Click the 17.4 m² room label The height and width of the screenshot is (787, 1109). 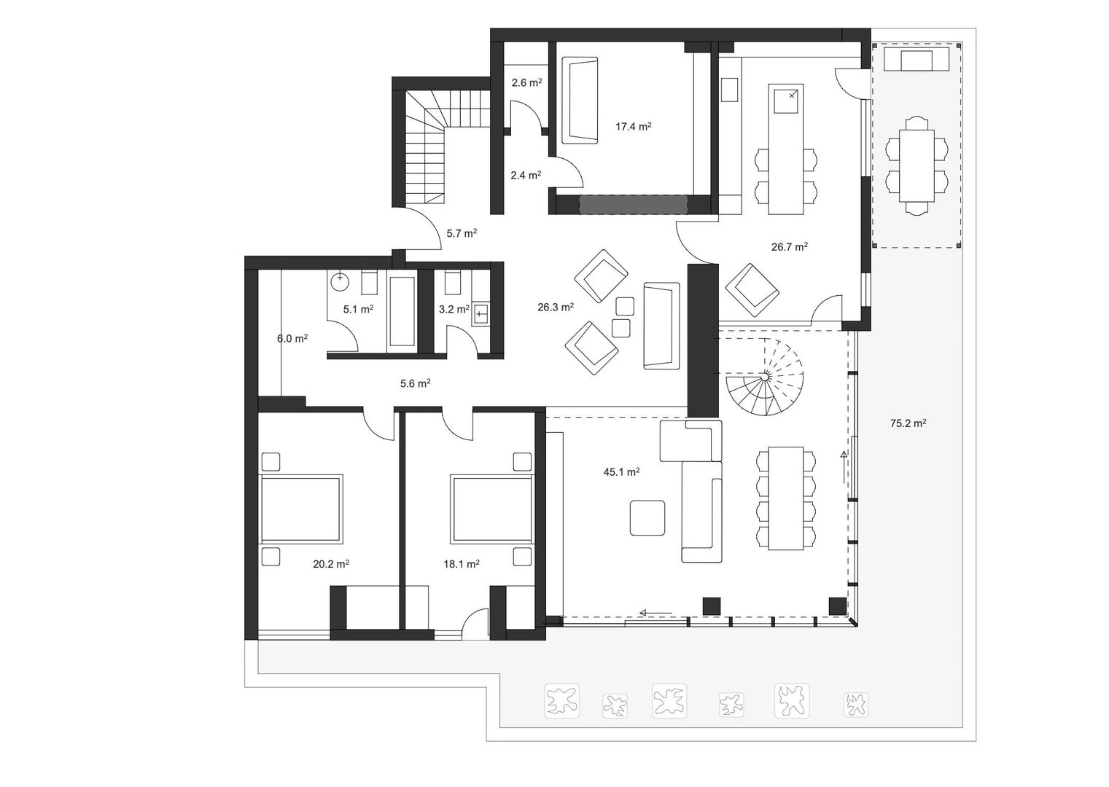[x=633, y=127]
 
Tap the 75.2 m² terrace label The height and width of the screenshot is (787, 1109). [x=908, y=423]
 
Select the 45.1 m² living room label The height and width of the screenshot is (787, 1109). [x=621, y=472]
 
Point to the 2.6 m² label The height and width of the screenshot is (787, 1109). [x=526, y=83]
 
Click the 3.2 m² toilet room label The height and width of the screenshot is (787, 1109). [x=454, y=310]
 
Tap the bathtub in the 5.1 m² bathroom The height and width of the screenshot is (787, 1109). [x=402, y=311]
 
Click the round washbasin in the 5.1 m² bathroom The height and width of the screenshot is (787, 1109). [x=340, y=280]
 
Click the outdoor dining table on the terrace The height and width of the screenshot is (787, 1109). [x=917, y=165]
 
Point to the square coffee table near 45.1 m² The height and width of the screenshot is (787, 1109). [x=647, y=518]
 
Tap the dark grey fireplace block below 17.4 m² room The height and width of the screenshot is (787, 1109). [x=634, y=205]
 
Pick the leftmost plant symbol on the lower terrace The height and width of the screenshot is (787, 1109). [x=562, y=701]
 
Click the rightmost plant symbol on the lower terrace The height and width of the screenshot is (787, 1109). [x=855, y=704]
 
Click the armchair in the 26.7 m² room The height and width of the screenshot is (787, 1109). [x=752, y=288]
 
